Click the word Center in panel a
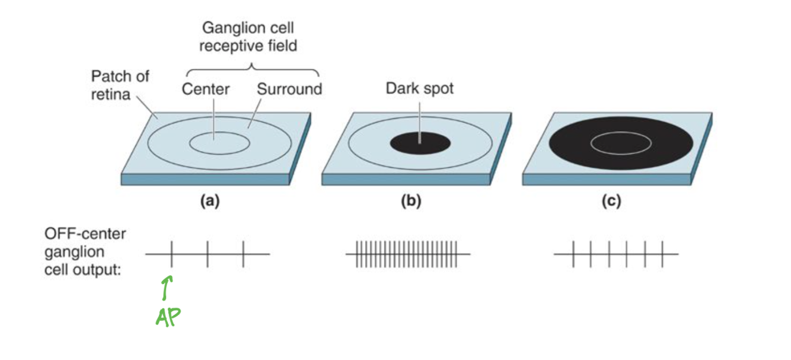click(206, 90)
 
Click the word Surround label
click(289, 90)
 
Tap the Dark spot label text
click(419, 89)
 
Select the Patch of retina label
click(120, 85)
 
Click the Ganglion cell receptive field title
click(248, 37)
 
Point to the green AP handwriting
click(168, 317)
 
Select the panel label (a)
click(209, 202)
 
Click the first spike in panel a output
click(171, 254)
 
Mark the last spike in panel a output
click(243, 254)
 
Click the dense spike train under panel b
click(407, 254)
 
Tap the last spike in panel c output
click(662, 254)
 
